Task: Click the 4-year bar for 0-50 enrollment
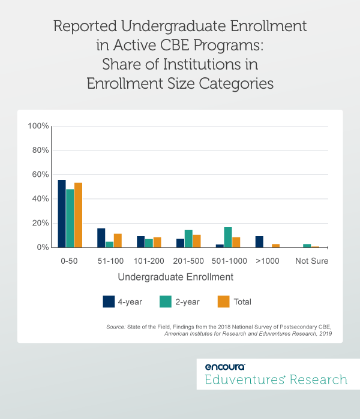62,213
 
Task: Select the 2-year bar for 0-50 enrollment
70,218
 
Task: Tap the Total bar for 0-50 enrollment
78,215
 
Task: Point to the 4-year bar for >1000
259,242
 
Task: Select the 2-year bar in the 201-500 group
188,239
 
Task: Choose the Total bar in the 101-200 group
157,242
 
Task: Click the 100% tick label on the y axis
38,126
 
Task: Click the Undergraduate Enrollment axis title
176,278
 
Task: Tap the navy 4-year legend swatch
109,302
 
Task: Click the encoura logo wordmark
224,366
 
